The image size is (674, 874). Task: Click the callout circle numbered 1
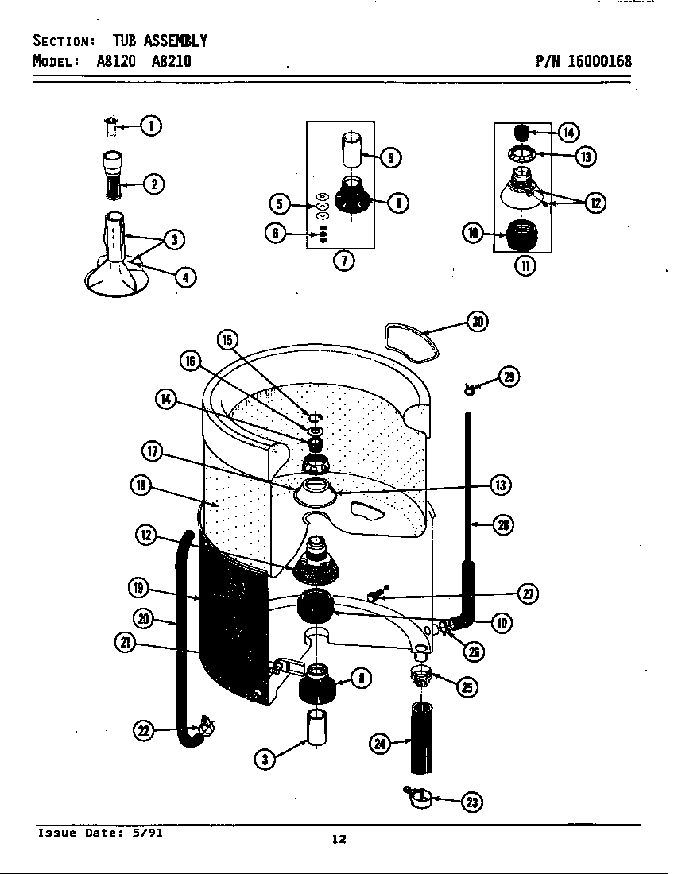[151, 125]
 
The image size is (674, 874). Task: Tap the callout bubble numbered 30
[477, 321]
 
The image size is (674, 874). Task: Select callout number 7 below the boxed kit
[343, 261]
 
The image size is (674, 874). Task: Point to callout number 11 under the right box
[525, 265]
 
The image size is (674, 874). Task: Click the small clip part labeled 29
[471, 388]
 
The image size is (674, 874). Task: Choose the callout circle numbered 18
[143, 485]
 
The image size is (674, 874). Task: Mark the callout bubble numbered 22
[143, 731]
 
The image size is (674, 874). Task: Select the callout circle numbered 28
[502, 524]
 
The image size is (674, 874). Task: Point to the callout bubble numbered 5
[279, 204]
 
